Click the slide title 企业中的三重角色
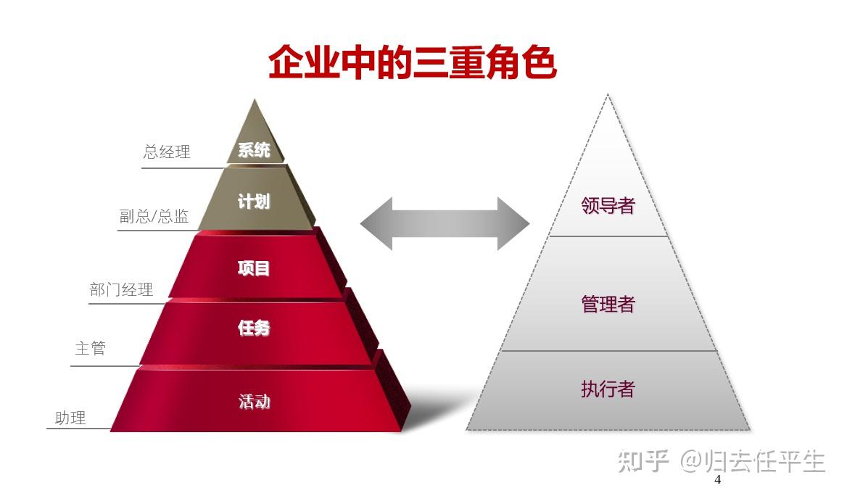click(x=412, y=62)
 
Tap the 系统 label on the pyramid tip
click(x=254, y=150)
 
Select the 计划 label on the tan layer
click(x=254, y=202)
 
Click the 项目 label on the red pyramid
click(x=254, y=268)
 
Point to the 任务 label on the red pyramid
click(x=254, y=328)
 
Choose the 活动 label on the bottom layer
click(x=254, y=401)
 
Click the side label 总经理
click(x=167, y=152)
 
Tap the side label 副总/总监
click(x=154, y=216)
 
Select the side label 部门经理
click(x=121, y=290)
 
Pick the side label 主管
click(x=91, y=348)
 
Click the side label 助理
click(x=70, y=418)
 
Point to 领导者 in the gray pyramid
click(x=608, y=206)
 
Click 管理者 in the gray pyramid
click(x=608, y=304)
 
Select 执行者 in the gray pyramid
click(x=608, y=389)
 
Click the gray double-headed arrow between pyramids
click(x=445, y=223)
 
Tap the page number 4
click(x=718, y=480)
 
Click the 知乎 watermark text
click(x=643, y=460)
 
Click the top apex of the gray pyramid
click(x=608, y=96)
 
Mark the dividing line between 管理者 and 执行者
click(x=608, y=351)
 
